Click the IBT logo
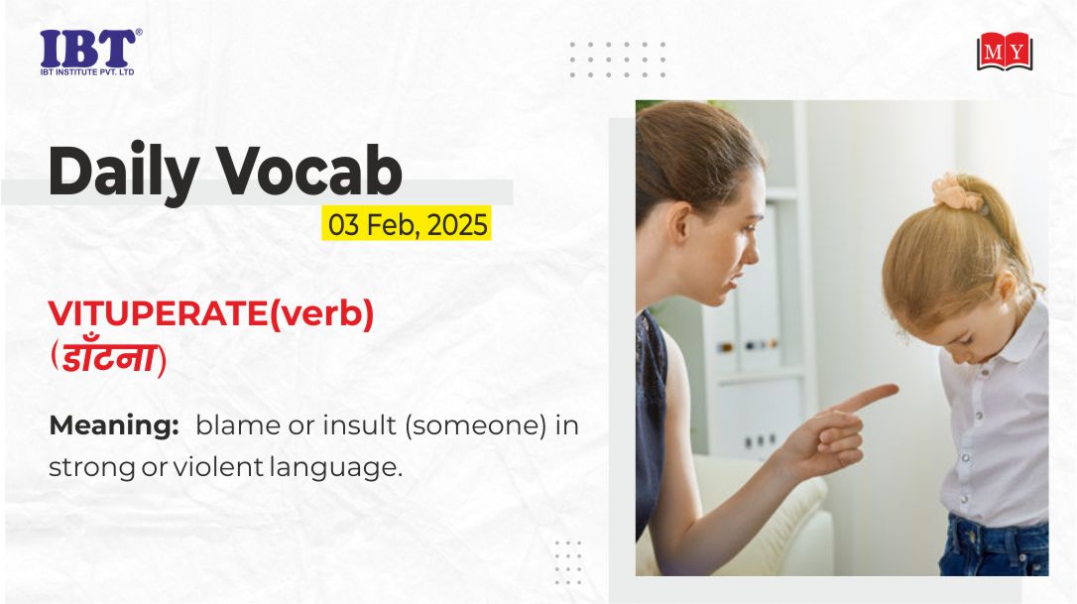click(90, 52)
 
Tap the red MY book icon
click(1005, 52)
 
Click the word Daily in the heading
click(124, 172)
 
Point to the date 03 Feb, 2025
click(408, 224)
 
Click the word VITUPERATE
click(158, 314)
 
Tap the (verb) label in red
click(321, 314)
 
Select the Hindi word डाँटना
click(108, 358)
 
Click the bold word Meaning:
click(114, 426)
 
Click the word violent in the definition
click(218, 467)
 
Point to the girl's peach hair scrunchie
click(957, 191)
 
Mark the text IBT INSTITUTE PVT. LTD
click(87, 71)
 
